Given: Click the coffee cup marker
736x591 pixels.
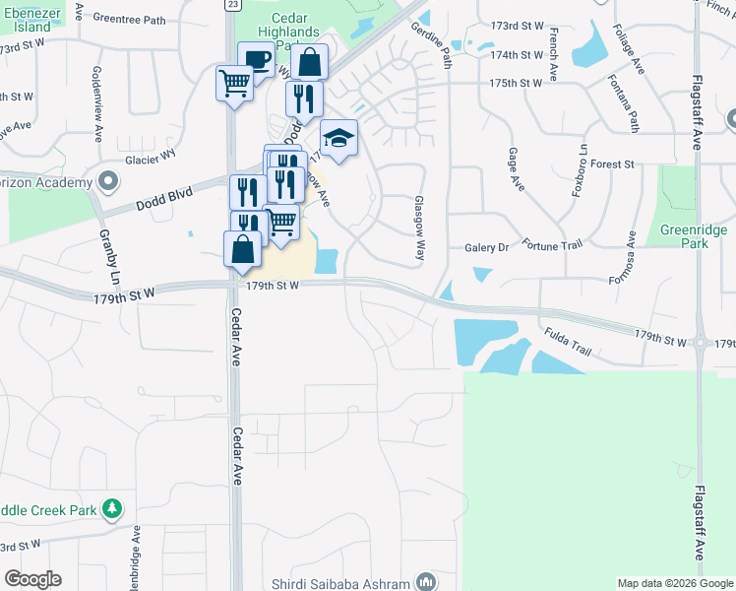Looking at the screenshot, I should tap(257, 60).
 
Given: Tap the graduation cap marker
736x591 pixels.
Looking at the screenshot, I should tap(337, 138).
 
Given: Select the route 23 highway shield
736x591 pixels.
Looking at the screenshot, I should tap(231, 5).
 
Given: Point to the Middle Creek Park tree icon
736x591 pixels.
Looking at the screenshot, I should tap(114, 508).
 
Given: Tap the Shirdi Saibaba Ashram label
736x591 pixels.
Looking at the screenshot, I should tap(345, 582).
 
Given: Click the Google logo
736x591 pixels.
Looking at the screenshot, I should tap(32, 579).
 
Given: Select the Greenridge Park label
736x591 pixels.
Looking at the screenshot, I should tap(694, 237).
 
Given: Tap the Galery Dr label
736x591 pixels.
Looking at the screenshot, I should tap(486, 248).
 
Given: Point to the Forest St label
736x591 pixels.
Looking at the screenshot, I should tap(613, 164).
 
